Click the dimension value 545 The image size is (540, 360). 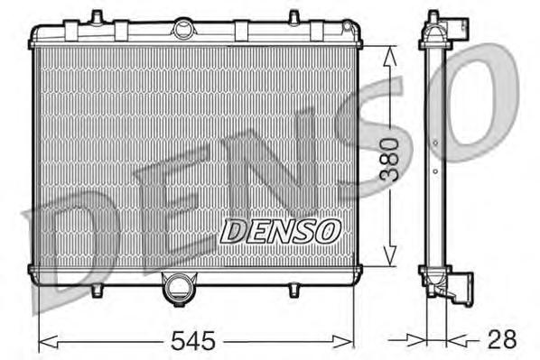195,341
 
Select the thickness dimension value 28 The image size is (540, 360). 503,340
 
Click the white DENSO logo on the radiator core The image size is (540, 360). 279,232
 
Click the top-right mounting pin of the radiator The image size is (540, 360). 294,17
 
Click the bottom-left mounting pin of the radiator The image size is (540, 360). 95,291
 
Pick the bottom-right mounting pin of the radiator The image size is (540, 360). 294,291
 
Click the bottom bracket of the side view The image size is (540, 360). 449,290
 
